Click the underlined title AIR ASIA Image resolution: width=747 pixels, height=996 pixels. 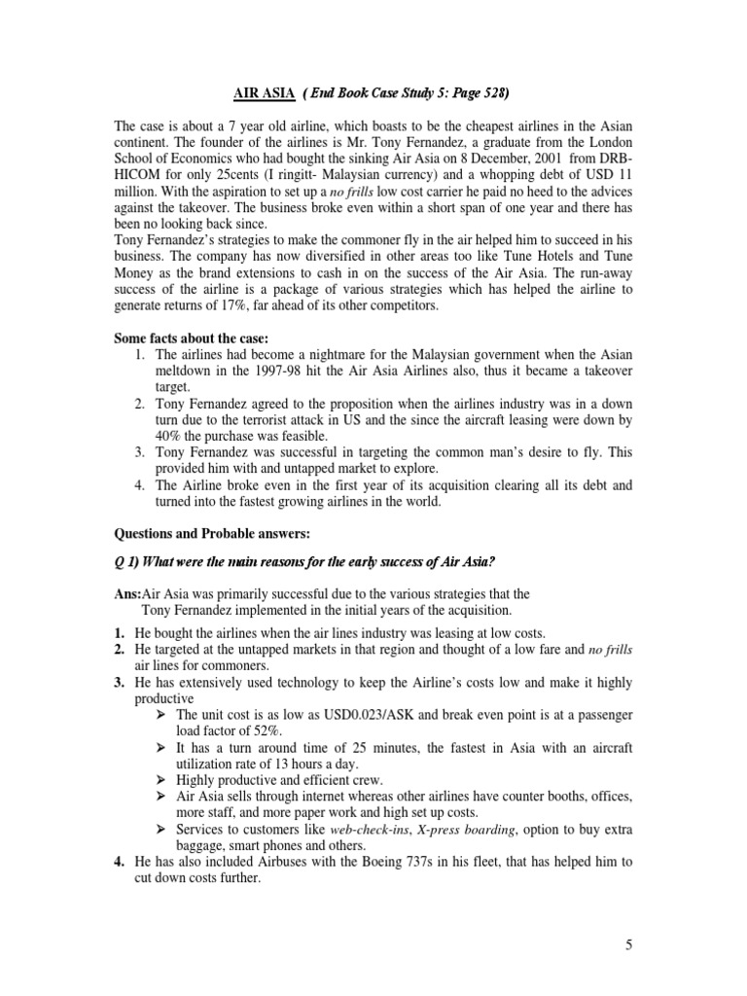pyautogui.click(x=264, y=93)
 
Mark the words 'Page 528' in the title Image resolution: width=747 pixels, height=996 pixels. pyautogui.click(x=474, y=93)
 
